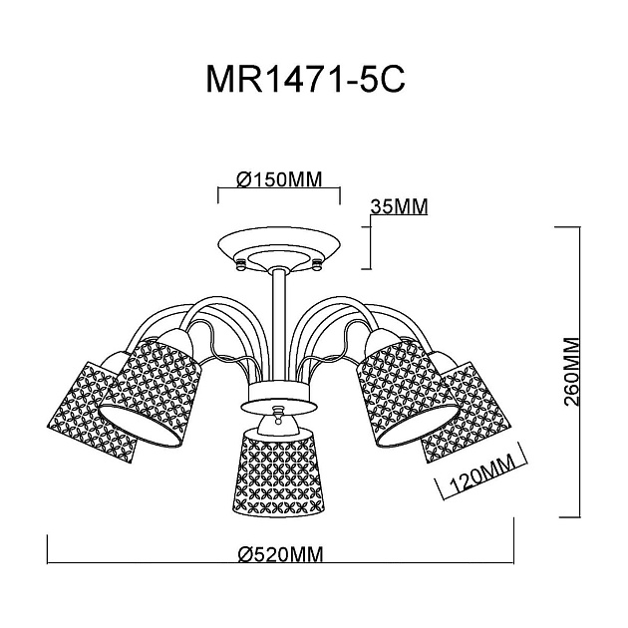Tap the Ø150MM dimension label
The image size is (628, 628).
tap(278, 179)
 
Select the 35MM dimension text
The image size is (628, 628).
tap(398, 207)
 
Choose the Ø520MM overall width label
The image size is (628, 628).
tap(281, 555)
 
